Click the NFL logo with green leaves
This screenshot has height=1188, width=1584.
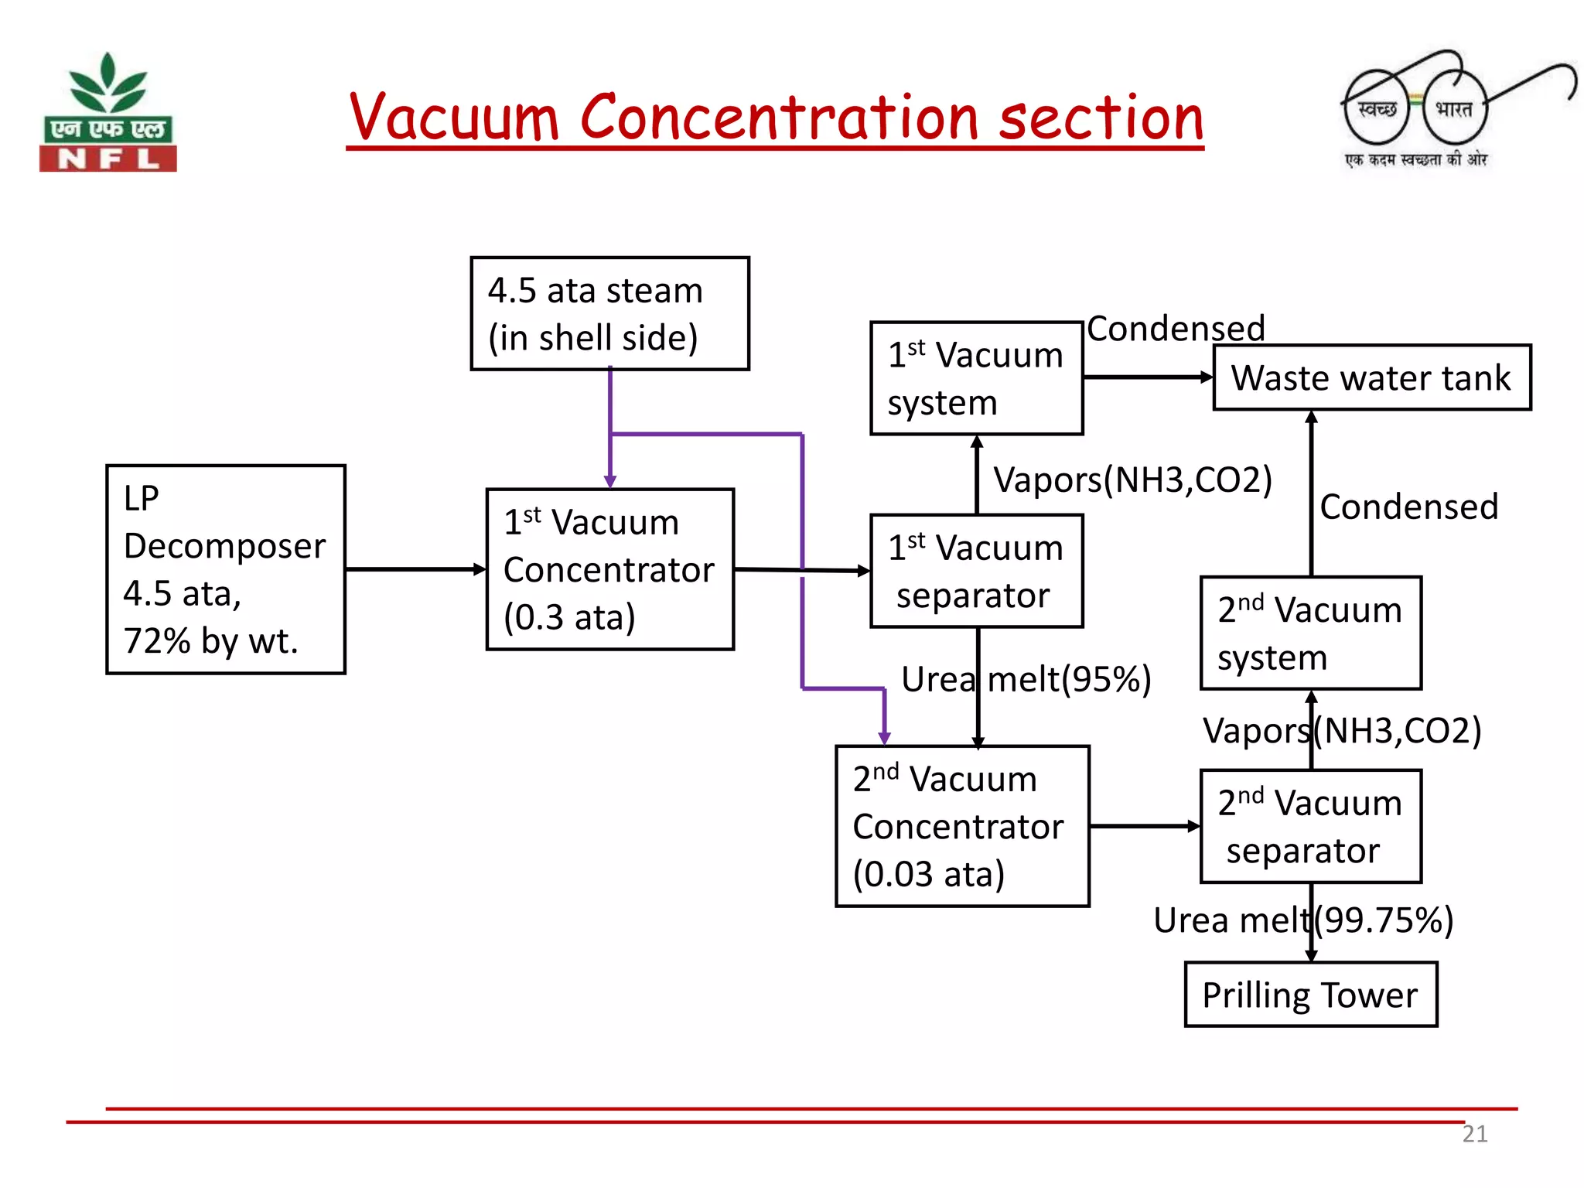coord(108,112)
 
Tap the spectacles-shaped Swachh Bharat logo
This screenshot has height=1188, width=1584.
coord(1423,108)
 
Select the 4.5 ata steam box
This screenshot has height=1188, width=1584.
coord(609,313)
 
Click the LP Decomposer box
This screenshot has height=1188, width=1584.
coord(225,569)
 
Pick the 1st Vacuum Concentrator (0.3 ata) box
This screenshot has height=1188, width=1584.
coord(609,569)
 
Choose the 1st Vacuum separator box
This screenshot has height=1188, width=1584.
coord(976,571)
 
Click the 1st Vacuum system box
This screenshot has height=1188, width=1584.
coord(976,378)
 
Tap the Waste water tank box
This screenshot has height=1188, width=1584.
coord(1371,377)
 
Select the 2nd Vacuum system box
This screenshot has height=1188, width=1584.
coord(1310,633)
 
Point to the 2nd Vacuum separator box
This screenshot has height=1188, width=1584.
coord(1310,826)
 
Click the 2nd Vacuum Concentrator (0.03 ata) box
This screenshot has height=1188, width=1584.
coord(962,826)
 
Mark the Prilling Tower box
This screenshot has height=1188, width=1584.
coord(1310,995)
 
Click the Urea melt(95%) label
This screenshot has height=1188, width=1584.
coord(1026,679)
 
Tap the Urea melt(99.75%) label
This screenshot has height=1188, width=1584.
coord(1302,920)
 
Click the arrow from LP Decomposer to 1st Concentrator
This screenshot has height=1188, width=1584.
coord(415,569)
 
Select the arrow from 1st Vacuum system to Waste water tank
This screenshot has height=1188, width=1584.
coord(1148,377)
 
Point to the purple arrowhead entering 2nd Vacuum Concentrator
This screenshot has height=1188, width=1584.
coord(884,737)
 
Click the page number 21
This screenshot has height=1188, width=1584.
coord(1474,1134)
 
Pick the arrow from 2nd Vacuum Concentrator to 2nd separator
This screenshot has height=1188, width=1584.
coord(1145,826)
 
